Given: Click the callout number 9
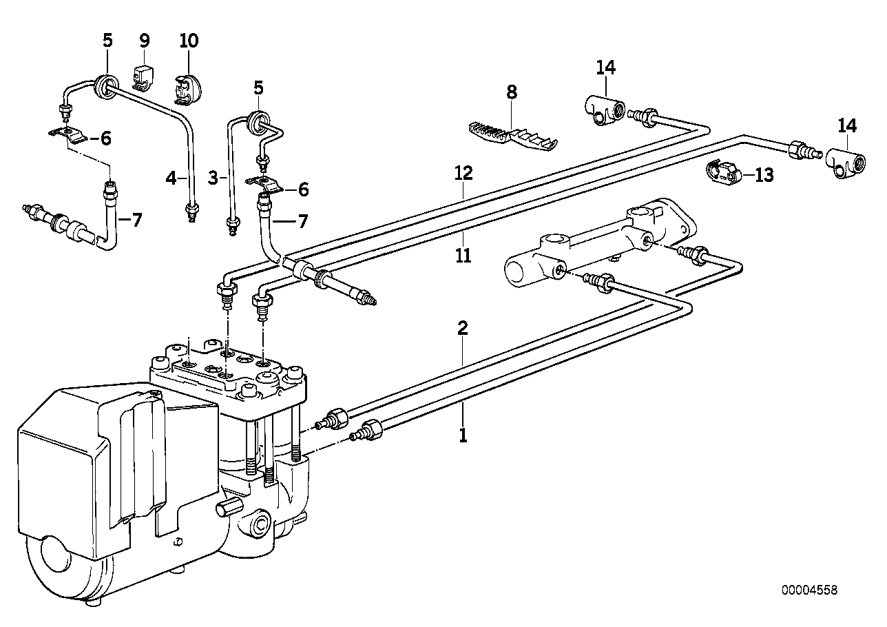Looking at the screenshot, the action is [145, 41].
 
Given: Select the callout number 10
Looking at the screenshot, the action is [189, 41].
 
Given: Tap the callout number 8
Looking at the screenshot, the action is [512, 92].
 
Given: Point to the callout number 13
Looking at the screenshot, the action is [764, 175].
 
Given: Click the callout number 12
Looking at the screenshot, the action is [463, 173].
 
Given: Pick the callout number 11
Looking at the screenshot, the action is [463, 256].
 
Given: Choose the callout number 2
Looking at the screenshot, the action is [463, 328].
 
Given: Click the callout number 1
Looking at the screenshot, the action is [463, 435].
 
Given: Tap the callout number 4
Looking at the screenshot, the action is [171, 178].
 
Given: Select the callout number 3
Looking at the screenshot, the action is [213, 178].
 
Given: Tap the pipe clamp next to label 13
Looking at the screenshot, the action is [723, 173].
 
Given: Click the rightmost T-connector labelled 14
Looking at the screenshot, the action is [845, 163].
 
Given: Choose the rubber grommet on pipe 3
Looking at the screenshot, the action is [258, 122].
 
